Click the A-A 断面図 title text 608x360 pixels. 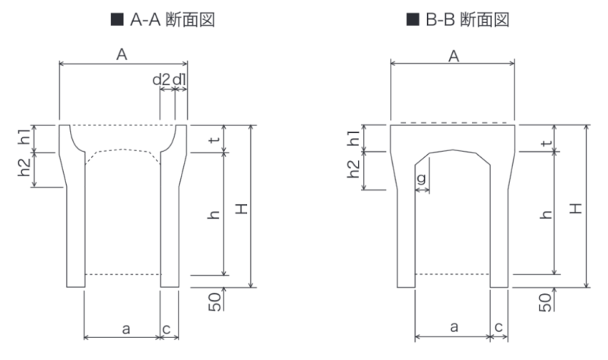(x=173, y=20)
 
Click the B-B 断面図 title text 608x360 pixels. (x=467, y=20)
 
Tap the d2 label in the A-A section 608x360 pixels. (x=161, y=80)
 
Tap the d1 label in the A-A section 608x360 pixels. (x=179, y=80)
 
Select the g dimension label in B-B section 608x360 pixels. (x=421, y=178)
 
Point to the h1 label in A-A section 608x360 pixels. (x=24, y=137)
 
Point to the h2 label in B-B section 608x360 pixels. (x=353, y=169)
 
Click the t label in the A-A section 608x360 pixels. (x=214, y=140)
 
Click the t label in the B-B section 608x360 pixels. (x=546, y=143)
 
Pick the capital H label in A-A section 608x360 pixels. (x=241, y=210)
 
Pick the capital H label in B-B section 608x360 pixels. (x=576, y=209)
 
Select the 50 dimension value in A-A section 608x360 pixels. (x=215, y=302)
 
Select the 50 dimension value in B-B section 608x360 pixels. (x=545, y=302)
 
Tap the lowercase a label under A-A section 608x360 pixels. (x=126, y=330)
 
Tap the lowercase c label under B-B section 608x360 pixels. (x=499, y=327)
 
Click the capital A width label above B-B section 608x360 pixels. (x=454, y=56)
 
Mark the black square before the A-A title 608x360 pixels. (x=117, y=20)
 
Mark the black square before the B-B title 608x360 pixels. (x=413, y=20)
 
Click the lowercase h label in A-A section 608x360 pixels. (x=214, y=215)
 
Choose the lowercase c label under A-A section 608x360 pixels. (x=166, y=330)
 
